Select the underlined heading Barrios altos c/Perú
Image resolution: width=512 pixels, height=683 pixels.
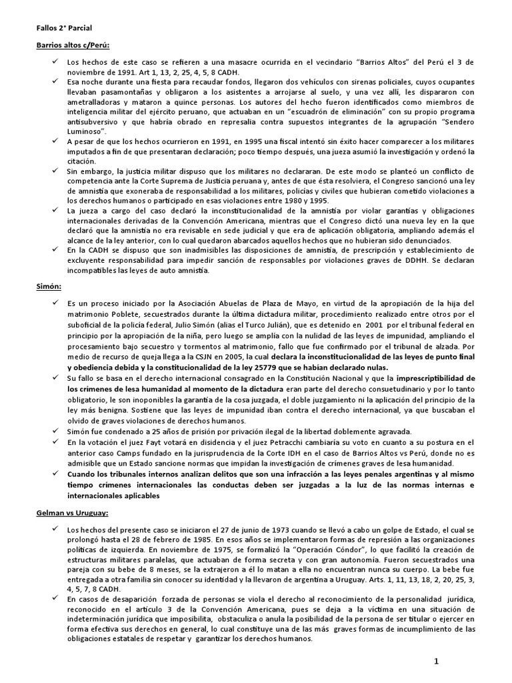(x=72, y=45)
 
